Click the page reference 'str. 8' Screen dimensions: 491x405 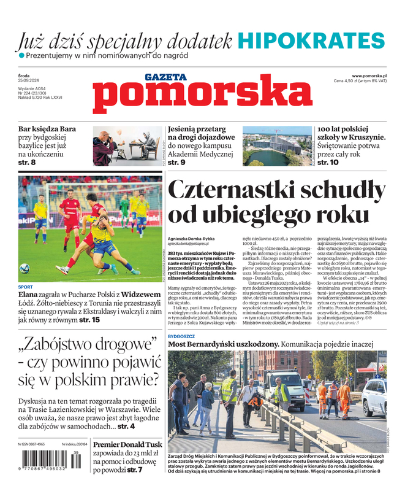27,163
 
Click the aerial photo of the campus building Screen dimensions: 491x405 272,146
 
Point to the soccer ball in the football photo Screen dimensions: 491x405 25,268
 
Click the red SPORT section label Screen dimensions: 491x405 26,287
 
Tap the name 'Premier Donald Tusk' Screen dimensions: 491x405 127,444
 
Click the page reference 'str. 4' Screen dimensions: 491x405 126,425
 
